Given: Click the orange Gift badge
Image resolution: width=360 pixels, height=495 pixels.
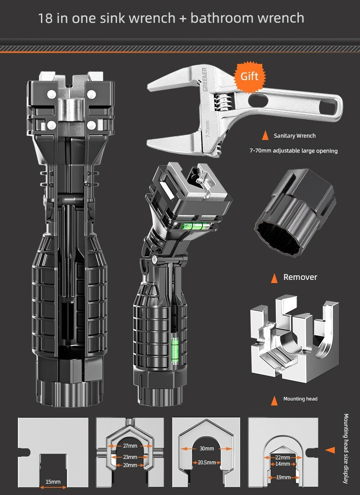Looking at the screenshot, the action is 249,76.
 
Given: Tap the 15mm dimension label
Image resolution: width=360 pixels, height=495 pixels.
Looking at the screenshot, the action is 53,482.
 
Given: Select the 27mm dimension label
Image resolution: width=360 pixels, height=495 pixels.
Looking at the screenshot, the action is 130,446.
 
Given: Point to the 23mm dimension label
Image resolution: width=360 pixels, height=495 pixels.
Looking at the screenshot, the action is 130,457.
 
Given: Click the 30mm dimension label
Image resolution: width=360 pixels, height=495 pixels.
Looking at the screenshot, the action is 207,448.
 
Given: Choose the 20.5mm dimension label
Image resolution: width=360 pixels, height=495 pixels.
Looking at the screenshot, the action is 207,463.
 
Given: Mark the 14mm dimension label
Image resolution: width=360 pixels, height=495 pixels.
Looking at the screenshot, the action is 282,464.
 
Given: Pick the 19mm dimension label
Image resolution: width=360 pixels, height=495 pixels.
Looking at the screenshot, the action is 283,477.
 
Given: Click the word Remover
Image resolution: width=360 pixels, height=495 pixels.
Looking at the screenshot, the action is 300,277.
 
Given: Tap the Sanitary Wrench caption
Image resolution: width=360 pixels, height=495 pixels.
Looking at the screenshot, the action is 295,136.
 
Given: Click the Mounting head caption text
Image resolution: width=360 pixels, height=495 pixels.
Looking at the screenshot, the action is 300,399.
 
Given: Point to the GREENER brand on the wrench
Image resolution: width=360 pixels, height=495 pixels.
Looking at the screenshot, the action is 205,79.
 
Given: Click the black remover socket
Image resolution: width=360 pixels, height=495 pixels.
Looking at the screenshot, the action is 295,211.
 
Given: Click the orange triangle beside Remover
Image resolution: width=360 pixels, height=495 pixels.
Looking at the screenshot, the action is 274,278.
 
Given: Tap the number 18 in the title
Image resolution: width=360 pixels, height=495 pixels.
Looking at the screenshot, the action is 45,18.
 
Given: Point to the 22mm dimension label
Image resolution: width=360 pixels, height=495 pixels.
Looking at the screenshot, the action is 282,458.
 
